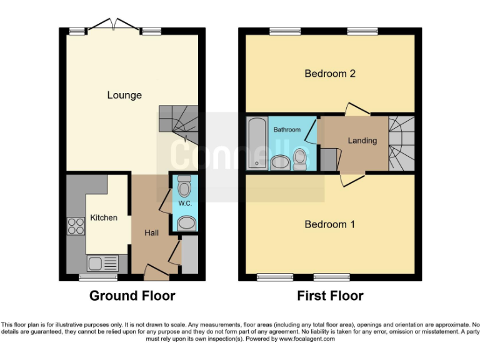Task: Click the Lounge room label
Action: pyautogui.click(x=124, y=95)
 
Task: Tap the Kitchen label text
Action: pyautogui.click(x=104, y=217)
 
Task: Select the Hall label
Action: pyautogui.click(x=151, y=232)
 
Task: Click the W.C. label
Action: pyautogui.click(x=184, y=203)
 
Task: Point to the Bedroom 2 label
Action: pyautogui.click(x=330, y=73)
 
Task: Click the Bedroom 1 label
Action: pyautogui.click(x=330, y=224)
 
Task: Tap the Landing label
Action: pyautogui.click(x=362, y=141)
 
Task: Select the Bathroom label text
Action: pyautogui.click(x=287, y=129)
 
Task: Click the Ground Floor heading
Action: pyautogui.click(x=132, y=296)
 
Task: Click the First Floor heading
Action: pyautogui.click(x=330, y=296)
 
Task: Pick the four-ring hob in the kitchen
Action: pyautogui.click(x=76, y=225)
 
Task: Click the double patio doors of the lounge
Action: pyautogui.click(x=113, y=26)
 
